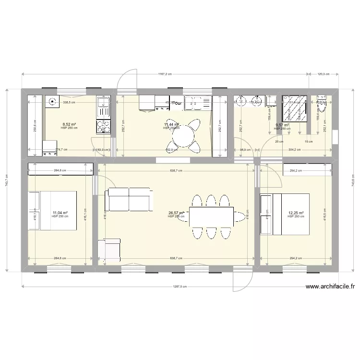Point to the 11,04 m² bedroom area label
pyautogui.click(x=60, y=213)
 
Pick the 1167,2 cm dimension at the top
pyautogui.click(x=165, y=74)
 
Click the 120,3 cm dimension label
pyautogui.click(x=324, y=74)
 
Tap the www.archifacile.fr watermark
pyautogui.click(x=330, y=288)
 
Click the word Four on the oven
pyautogui.click(x=177, y=103)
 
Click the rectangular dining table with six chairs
pyautogui.click(x=212, y=216)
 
